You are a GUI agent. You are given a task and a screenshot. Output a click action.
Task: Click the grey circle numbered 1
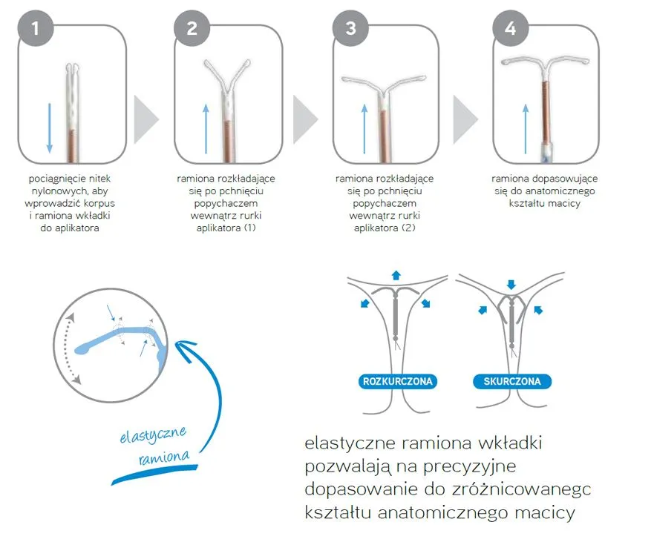pyautogui.click(x=36, y=28)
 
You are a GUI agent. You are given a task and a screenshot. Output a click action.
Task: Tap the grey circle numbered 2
pyautogui.click(x=192, y=28)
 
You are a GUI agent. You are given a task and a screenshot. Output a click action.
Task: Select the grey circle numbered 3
pyautogui.click(x=351, y=28)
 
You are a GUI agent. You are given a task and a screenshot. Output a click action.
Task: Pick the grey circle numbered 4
pyautogui.click(x=511, y=28)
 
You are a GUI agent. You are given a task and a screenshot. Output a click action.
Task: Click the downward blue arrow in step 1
pyautogui.click(x=50, y=128)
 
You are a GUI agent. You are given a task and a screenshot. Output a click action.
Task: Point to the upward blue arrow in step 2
pyautogui.click(x=206, y=128)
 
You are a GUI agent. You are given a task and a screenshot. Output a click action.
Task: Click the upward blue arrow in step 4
pyautogui.click(x=526, y=128)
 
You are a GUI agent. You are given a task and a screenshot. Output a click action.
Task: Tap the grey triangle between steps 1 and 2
pyautogui.click(x=145, y=119)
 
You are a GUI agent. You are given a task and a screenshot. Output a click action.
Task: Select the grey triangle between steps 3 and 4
pyautogui.click(x=464, y=119)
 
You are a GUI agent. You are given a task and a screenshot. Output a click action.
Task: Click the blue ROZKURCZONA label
pyautogui.click(x=397, y=381)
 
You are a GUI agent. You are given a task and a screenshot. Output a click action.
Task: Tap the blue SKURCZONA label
pyautogui.click(x=512, y=381)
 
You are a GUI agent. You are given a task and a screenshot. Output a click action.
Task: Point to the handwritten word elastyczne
pyautogui.click(x=153, y=435)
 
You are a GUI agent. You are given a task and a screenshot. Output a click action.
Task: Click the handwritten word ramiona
pyautogui.click(x=164, y=457)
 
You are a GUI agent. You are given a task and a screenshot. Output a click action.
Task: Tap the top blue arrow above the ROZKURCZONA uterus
pyautogui.click(x=396, y=275)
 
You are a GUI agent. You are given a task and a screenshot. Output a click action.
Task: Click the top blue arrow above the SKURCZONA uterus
pyautogui.click(x=511, y=285)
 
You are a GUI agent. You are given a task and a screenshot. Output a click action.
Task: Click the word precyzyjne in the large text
pyautogui.click(x=470, y=466)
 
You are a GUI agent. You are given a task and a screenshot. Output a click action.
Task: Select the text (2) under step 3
pyautogui.click(x=408, y=228)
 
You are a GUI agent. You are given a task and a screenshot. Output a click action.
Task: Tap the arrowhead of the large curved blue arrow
pyautogui.click(x=183, y=345)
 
